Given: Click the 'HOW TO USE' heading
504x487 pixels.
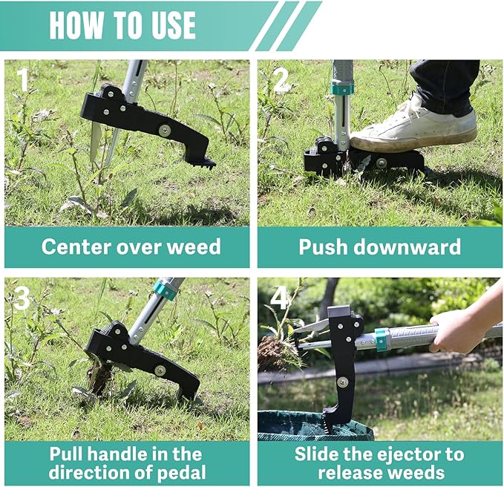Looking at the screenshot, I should click(122, 25).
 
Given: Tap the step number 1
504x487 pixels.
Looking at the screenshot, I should click(23, 79).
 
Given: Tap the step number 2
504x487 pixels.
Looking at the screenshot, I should click(280, 79).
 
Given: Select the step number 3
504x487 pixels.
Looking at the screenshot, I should click(22, 298).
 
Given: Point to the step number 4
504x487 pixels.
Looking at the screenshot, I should click(279, 297).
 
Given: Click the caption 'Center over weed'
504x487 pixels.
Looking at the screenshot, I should click(131, 246).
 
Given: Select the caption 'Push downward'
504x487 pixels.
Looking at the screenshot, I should click(379, 246).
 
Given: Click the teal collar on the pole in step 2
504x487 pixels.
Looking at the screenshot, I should click(342, 89).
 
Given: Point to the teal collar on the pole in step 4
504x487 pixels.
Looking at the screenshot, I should click(382, 339).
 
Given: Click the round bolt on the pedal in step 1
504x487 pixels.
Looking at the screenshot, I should click(164, 131).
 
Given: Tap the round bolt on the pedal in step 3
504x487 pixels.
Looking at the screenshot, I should click(160, 369).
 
